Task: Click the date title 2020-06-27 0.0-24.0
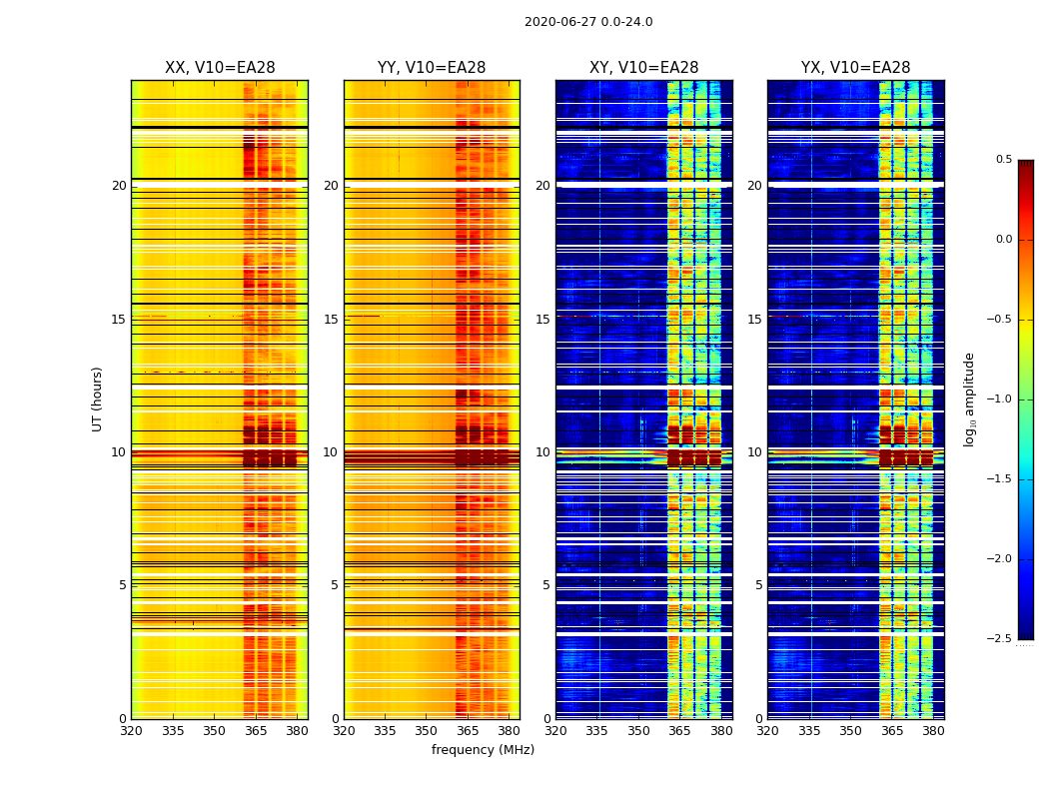pyautogui.click(x=588, y=22)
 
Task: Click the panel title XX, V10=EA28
pyautogui.click(x=220, y=68)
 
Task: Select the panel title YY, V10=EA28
pyautogui.click(x=432, y=68)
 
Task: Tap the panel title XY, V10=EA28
pyautogui.click(x=643, y=68)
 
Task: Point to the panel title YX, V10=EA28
pyautogui.click(x=855, y=68)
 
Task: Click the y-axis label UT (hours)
pyautogui.click(x=98, y=399)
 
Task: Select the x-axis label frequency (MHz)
pyautogui.click(x=483, y=750)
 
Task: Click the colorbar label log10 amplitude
pyautogui.click(x=969, y=399)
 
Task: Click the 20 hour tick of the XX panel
pyautogui.click(x=119, y=186)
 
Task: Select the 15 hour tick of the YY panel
pyautogui.click(x=331, y=320)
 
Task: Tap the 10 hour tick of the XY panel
pyautogui.click(x=542, y=452)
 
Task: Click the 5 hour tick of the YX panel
pyautogui.click(x=757, y=585)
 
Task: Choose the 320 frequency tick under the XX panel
pyautogui.click(x=131, y=731)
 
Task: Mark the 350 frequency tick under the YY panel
pyautogui.click(x=426, y=731)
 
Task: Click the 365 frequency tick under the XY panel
pyautogui.click(x=679, y=731)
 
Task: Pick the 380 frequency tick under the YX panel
pyautogui.click(x=933, y=731)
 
